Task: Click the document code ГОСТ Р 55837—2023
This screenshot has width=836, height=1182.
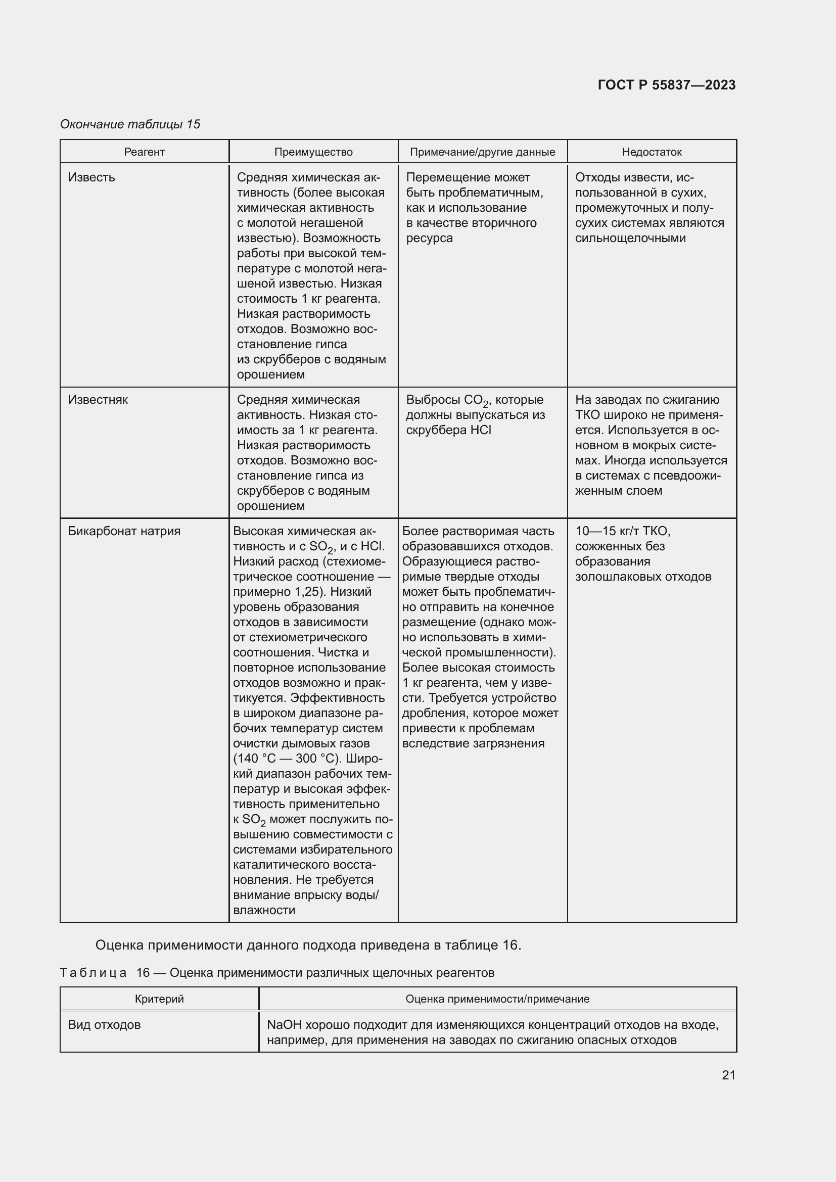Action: pyautogui.click(x=666, y=85)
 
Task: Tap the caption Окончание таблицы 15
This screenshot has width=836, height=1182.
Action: pyautogui.click(x=130, y=124)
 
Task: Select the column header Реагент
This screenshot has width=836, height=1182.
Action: pyautogui.click(x=144, y=152)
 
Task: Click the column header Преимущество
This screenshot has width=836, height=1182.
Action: pyautogui.click(x=313, y=152)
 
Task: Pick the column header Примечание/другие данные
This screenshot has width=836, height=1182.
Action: pyautogui.click(x=482, y=152)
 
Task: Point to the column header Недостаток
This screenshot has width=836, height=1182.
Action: pyautogui.click(x=651, y=152)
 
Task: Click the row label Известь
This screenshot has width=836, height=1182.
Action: pyautogui.click(x=91, y=177)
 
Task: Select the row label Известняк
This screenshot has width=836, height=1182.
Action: pyautogui.click(x=98, y=400)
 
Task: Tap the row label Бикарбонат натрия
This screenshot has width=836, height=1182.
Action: pyautogui.click(x=124, y=531)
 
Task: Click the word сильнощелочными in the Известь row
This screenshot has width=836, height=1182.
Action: pyautogui.click(x=630, y=239)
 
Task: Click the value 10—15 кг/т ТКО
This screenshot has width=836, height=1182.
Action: pyautogui.click(x=622, y=531)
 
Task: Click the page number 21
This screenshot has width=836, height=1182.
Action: pyautogui.click(x=728, y=1075)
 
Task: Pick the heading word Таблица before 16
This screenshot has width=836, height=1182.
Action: pyautogui.click(x=93, y=973)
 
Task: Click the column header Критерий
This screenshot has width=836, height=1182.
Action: pyautogui.click(x=159, y=999)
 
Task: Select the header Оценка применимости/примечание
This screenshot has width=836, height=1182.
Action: pyautogui.click(x=497, y=999)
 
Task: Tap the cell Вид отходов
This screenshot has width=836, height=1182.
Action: pyautogui.click(x=105, y=1025)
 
